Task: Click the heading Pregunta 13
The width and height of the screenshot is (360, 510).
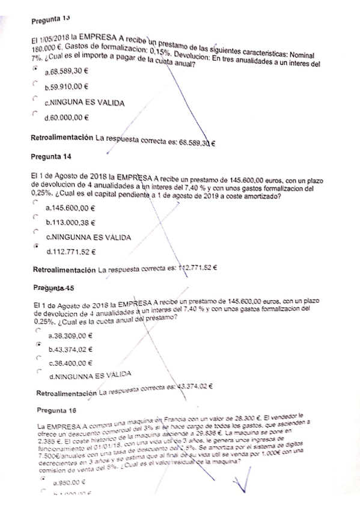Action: tap(47, 22)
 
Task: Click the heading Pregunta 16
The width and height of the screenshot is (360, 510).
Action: tap(55, 411)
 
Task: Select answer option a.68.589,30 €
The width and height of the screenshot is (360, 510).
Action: tap(68, 70)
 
